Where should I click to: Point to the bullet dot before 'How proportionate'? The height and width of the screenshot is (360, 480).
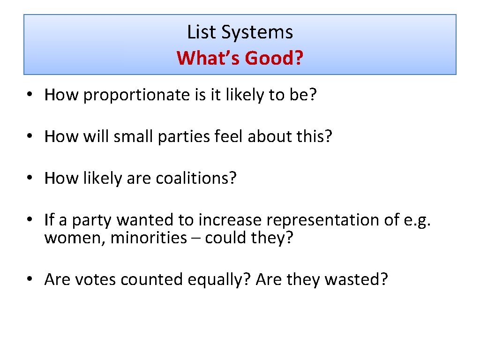point(30,95)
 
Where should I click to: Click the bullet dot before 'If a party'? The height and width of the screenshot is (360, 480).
point(30,219)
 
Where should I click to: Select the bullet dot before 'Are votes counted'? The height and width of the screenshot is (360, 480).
point(30,279)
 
